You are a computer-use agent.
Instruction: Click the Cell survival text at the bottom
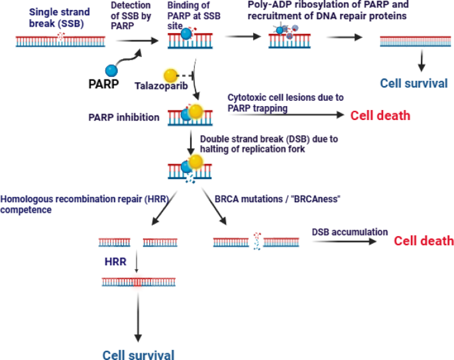pos(139,354)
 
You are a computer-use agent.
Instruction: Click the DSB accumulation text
pos(350,232)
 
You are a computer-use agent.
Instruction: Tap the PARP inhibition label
pos(124,117)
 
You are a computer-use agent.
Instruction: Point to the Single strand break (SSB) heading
pos(59,18)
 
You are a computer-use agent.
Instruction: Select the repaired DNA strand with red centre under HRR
pos(137,282)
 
